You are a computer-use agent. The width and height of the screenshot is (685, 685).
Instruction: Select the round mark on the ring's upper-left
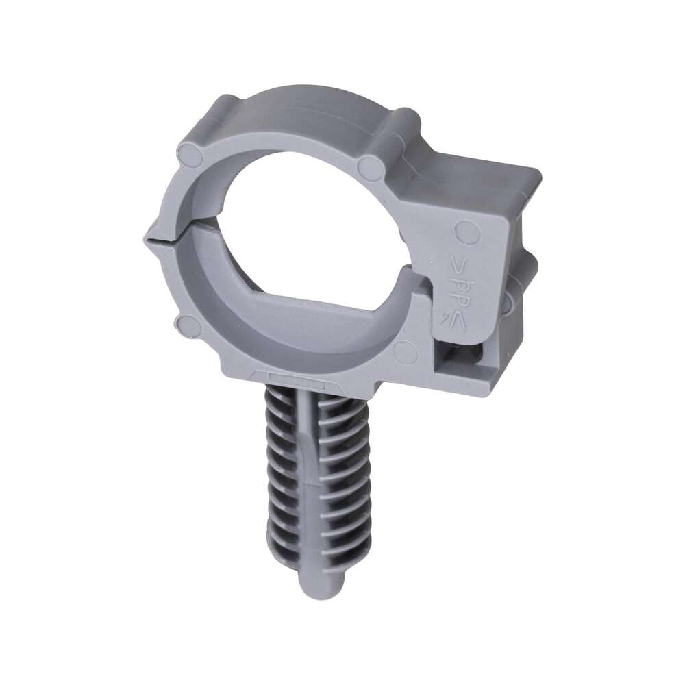click(x=189, y=160)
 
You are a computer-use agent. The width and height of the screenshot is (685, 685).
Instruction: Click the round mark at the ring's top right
click(x=371, y=166)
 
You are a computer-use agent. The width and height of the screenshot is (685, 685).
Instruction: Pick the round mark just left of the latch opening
click(x=405, y=351)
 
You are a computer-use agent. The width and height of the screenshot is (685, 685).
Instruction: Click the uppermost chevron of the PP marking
click(x=457, y=263)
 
